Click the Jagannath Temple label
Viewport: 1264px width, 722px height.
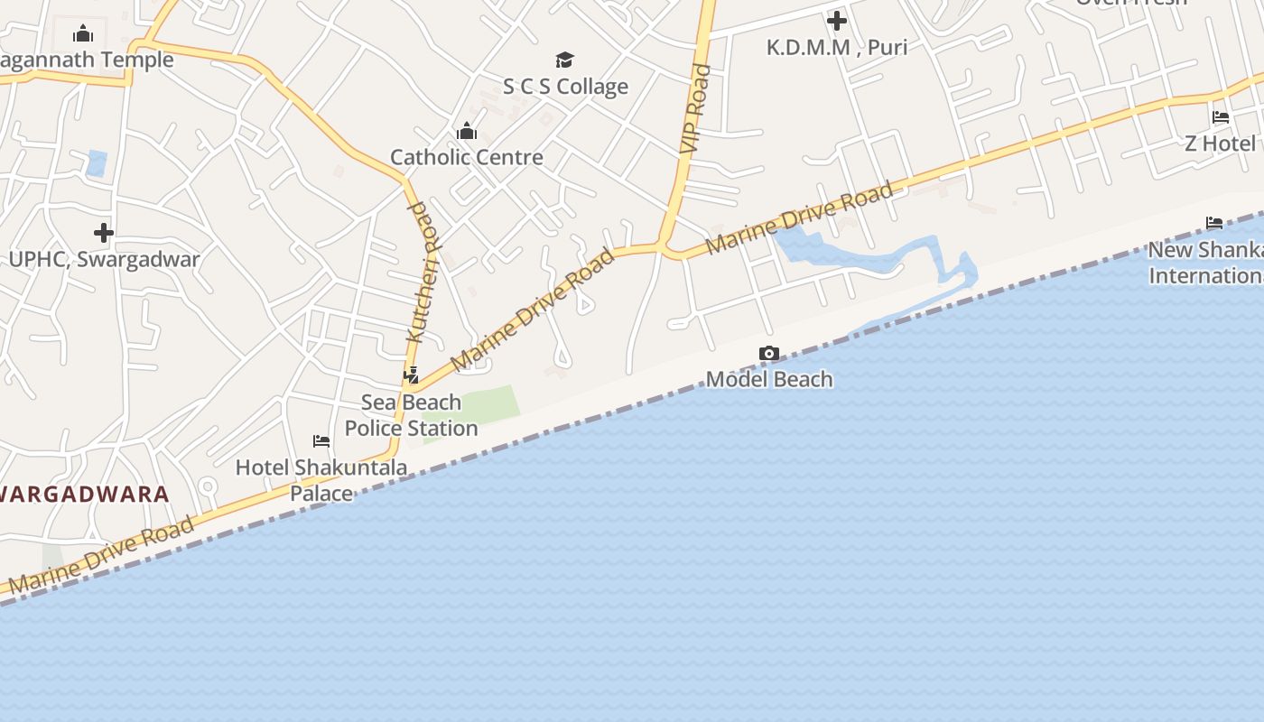click(87, 60)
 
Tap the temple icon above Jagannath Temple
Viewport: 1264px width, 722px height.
click(84, 34)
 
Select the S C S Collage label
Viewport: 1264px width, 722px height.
click(565, 87)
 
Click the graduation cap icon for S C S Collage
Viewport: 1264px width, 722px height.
click(565, 60)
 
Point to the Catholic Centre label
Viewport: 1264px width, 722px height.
click(467, 157)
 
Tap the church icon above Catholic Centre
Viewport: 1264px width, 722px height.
click(467, 131)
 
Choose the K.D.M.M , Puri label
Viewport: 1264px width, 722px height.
click(837, 47)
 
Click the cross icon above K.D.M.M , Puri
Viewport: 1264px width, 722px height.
click(837, 20)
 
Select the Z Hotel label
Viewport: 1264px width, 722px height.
click(1220, 143)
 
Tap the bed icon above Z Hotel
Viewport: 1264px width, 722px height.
click(1221, 117)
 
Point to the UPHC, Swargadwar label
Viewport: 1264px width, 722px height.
click(104, 259)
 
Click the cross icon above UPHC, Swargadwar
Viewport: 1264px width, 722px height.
click(104, 233)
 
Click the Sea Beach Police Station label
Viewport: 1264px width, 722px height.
click(412, 415)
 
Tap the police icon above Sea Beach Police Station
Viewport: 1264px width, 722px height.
click(412, 375)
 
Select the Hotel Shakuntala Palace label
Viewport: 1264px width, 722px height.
click(321, 480)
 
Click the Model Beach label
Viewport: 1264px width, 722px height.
click(769, 379)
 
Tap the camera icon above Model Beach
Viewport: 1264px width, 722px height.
click(769, 354)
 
